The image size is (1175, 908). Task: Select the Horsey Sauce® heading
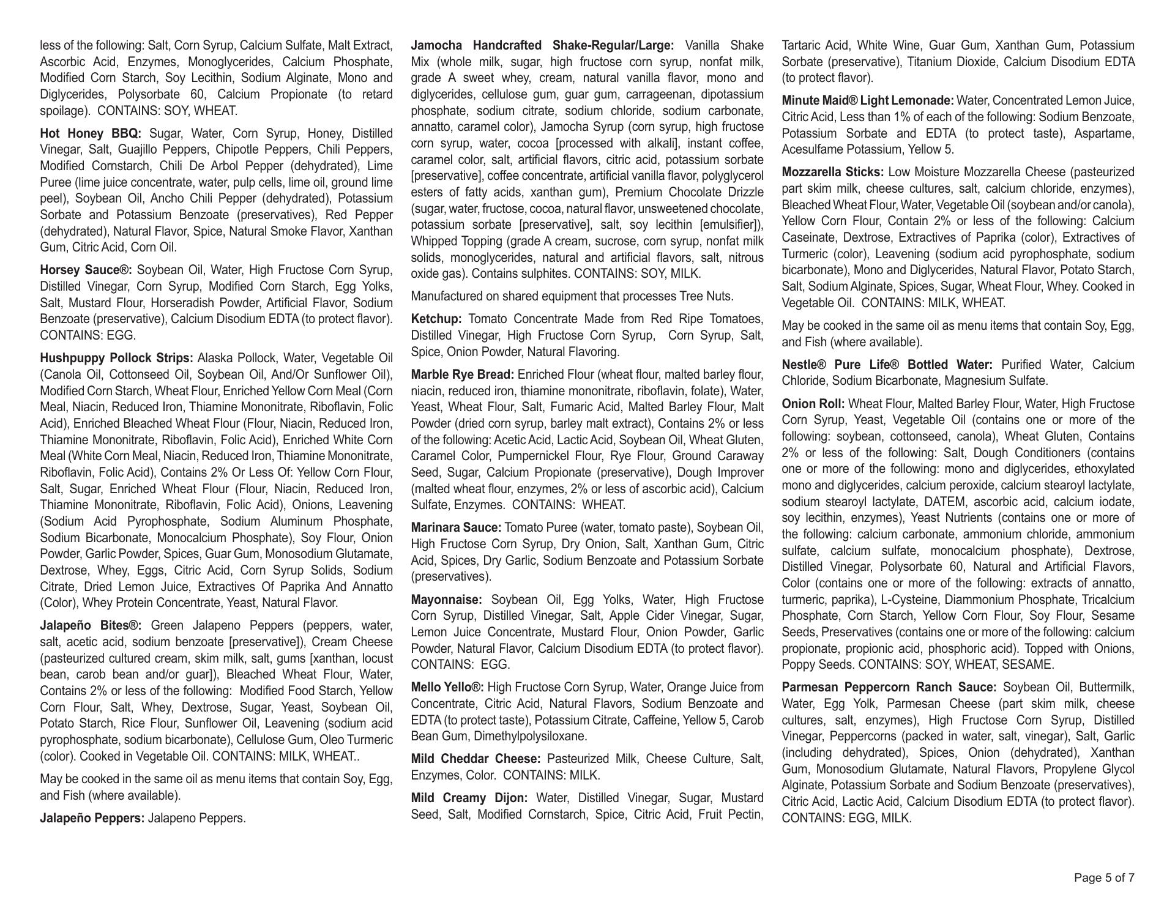tap(86, 270)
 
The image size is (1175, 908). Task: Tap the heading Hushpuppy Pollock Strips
tap(117, 358)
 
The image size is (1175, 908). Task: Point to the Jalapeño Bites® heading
tap(91, 626)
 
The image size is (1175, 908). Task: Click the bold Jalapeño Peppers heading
tap(92, 819)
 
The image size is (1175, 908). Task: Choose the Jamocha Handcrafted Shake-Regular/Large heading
tap(542, 46)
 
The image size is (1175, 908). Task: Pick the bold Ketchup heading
tap(436, 319)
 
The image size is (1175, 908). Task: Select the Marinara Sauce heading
tap(457, 528)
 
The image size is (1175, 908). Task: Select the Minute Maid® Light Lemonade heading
tap(868, 101)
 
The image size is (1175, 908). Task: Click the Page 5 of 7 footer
tap(1104, 878)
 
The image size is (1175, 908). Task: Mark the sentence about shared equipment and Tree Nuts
tap(572, 297)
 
